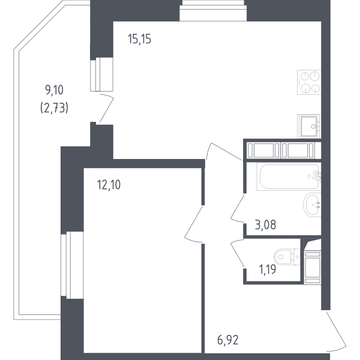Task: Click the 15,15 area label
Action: click(140, 39)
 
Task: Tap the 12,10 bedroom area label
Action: click(109, 185)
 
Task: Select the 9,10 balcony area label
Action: click(55, 90)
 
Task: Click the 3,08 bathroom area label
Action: click(265, 224)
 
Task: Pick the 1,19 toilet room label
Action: click(268, 269)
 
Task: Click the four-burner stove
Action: click(309, 82)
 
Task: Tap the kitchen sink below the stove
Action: click(309, 126)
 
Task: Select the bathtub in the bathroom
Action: click(289, 176)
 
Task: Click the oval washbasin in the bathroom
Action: click(312, 205)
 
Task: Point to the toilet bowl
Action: click(287, 257)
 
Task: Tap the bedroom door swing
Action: click(193, 224)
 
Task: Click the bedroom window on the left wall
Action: click(72, 265)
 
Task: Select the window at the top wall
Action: click(213, 11)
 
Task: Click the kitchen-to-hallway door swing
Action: click(224, 151)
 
